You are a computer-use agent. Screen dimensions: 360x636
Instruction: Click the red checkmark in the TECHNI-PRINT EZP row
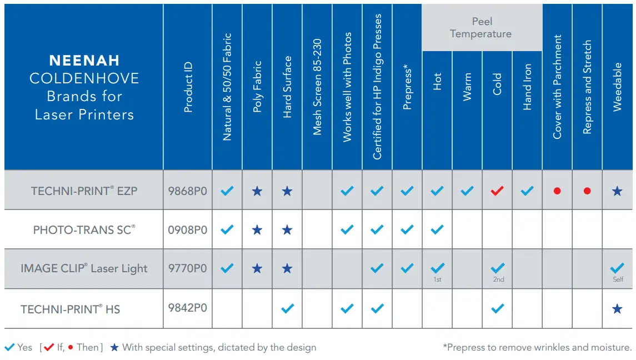497,191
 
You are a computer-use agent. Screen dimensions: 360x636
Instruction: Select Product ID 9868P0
188,191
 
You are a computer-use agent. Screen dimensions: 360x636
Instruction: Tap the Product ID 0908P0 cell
188,229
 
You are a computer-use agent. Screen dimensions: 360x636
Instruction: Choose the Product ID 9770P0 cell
188,268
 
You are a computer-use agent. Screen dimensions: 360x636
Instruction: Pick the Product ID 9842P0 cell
188,308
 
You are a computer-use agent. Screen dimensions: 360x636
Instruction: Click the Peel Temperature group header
482,28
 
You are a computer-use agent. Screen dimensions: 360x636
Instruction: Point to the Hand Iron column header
527,87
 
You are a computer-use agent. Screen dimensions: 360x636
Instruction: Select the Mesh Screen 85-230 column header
317,87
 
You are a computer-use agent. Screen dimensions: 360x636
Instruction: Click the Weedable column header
617,87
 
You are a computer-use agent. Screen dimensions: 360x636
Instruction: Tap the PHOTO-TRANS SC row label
84,229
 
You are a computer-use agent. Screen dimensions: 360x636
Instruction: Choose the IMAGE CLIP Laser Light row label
84,268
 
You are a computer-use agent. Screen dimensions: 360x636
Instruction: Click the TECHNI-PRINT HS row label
71,309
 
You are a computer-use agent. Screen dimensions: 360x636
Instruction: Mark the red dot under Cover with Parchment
557,191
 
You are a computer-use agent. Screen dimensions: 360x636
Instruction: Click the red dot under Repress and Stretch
587,191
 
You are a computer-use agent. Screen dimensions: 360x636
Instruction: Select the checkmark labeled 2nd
498,267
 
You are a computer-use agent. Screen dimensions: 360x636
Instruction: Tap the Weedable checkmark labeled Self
617,267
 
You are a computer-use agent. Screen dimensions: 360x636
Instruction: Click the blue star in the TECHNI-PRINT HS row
617,308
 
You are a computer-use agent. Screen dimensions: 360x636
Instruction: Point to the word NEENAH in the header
84,60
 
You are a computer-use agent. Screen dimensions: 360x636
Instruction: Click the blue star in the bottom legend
114,347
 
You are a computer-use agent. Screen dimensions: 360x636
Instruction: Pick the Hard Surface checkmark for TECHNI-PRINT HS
287,308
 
